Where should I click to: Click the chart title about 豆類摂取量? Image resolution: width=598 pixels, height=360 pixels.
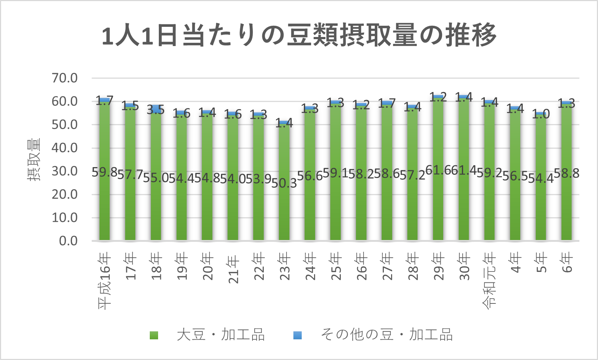(299, 35)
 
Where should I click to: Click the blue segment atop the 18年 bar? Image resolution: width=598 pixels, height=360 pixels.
(156, 107)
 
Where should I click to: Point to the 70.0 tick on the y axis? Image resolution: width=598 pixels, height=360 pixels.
(65, 78)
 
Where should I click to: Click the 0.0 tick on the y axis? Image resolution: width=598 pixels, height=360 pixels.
(68, 241)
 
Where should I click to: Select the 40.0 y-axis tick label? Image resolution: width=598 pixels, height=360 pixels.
(65, 148)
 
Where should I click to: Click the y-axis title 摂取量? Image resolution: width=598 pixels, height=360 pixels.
(34, 160)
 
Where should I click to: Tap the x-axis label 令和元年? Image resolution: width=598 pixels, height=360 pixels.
(489, 281)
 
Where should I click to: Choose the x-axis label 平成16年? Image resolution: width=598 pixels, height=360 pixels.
(105, 281)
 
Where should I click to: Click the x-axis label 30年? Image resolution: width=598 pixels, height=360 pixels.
(464, 267)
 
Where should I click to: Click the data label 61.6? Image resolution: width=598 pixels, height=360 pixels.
(438, 170)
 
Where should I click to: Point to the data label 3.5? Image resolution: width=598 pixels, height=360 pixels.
(156, 110)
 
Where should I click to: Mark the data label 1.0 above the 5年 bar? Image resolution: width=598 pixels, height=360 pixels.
(541, 115)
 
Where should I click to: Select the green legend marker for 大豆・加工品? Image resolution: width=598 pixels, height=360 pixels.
(154, 335)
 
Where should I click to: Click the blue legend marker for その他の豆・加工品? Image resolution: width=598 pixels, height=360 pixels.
(297, 335)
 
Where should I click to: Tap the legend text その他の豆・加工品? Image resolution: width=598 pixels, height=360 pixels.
(386, 335)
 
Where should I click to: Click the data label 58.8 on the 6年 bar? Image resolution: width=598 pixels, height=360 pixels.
(567, 173)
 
